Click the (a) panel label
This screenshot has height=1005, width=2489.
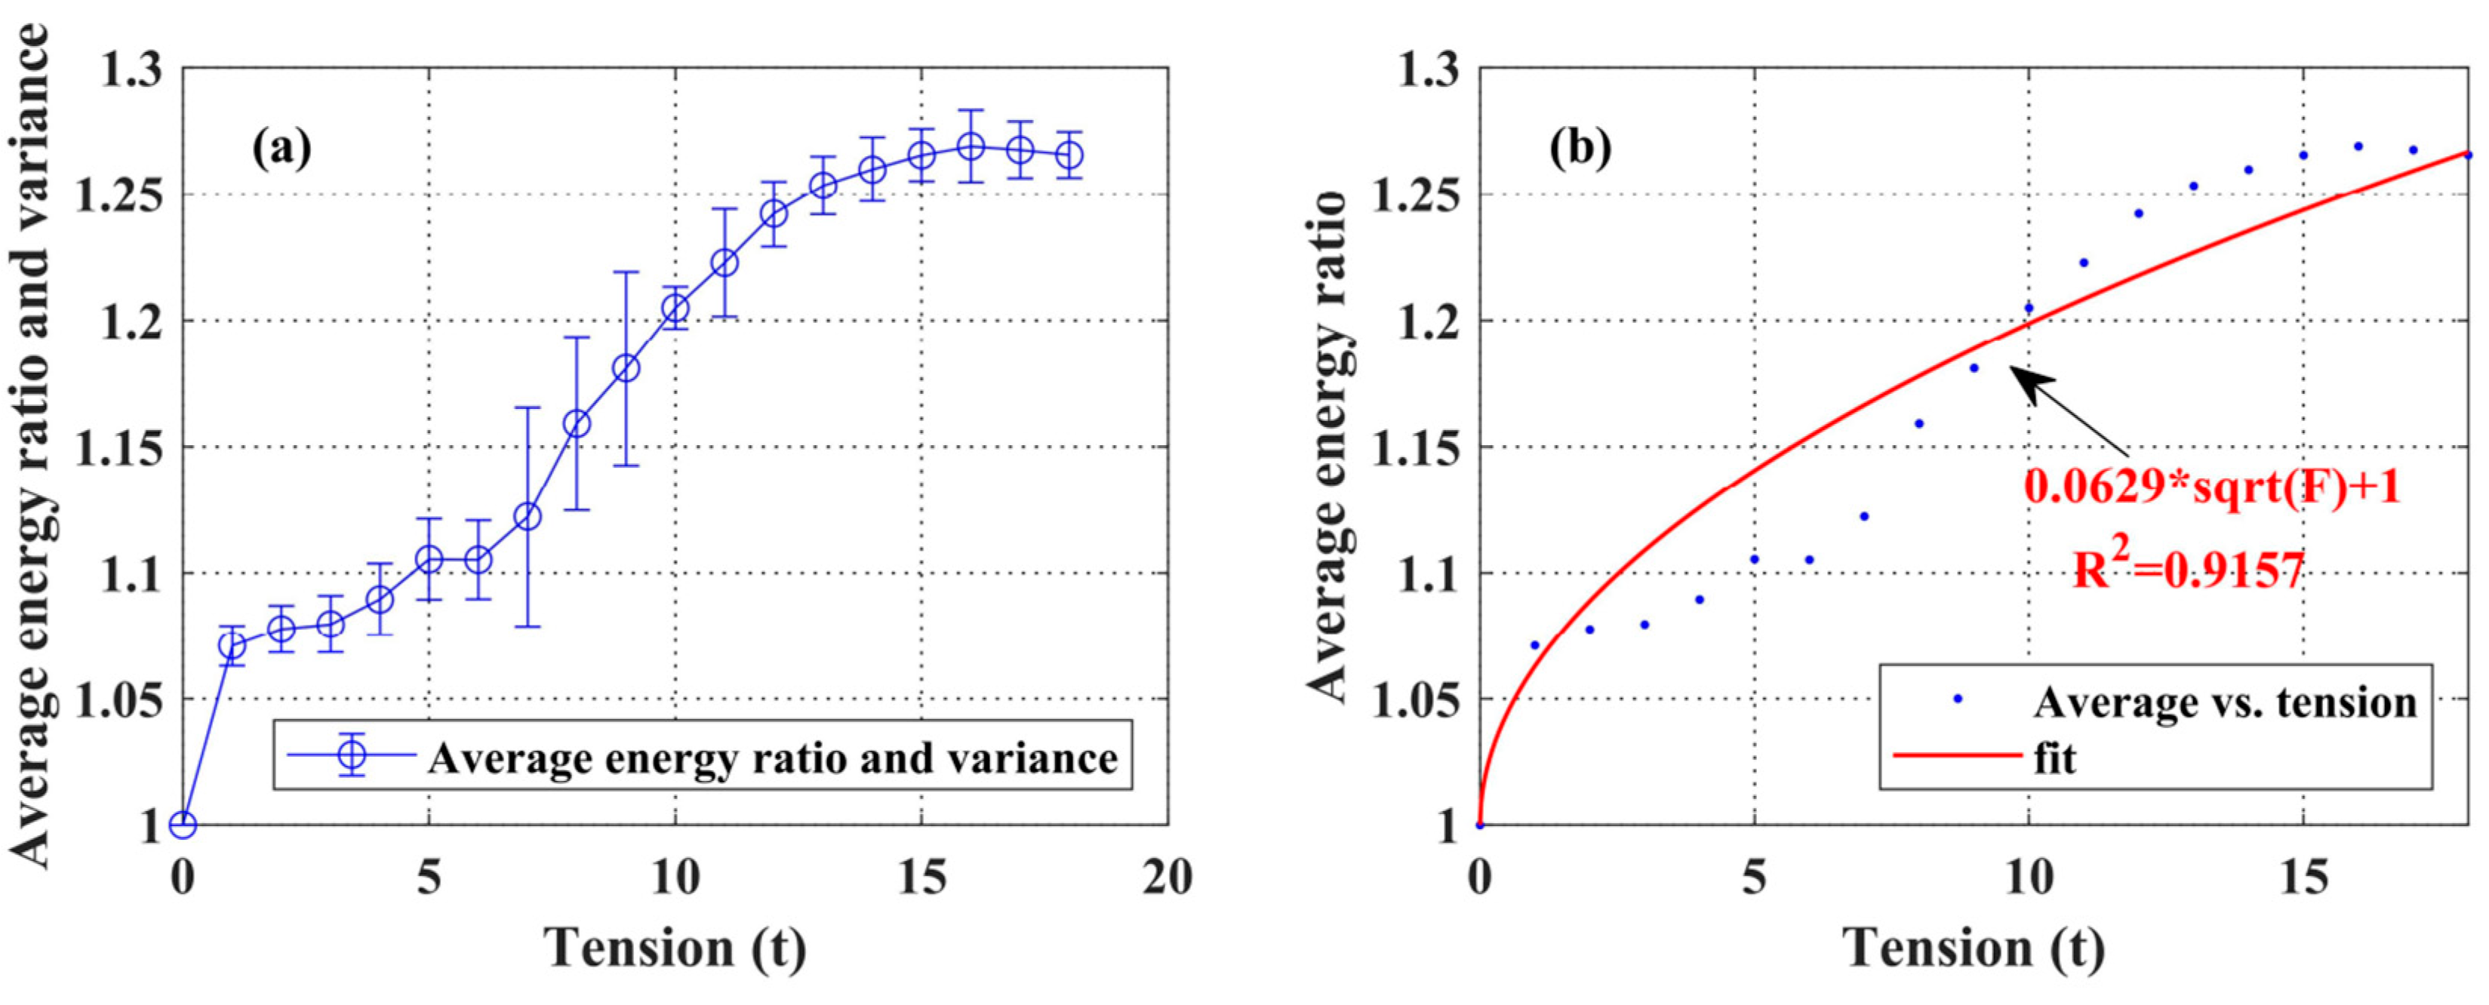(x=282, y=150)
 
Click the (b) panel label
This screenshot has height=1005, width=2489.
(x=1581, y=150)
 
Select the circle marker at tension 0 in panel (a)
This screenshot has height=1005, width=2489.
(x=183, y=824)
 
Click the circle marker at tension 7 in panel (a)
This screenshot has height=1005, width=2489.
(x=528, y=516)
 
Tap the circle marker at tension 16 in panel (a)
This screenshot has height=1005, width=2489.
(x=971, y=147)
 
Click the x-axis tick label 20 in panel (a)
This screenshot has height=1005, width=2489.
(x=1168, y=878)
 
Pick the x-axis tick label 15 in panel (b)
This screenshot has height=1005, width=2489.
(x=2303, y=878)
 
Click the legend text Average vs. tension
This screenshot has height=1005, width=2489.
(x=2224, y=702)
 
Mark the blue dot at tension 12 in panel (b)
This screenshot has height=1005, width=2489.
(x=2138, y=214)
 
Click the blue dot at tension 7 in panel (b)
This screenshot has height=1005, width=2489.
(x=1864, y=516)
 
